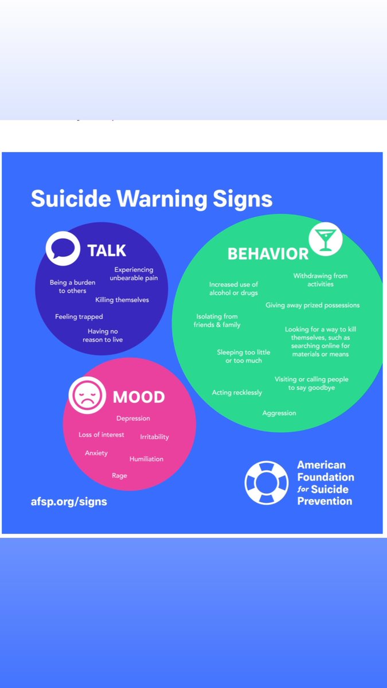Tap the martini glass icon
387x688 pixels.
[326, 239]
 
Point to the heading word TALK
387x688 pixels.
[107, 251]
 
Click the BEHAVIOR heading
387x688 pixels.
[268, 253]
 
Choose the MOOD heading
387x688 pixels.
[139, 397]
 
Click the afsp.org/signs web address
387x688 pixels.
[69, 501]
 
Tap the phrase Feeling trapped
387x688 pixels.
[79, 316]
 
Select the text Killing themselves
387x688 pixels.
[122, 300]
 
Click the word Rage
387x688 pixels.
[119, 475]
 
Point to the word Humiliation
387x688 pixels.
[146, 459]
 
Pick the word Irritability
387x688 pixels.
[154, 437]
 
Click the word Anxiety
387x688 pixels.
[96, 453]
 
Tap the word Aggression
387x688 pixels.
[279, 413]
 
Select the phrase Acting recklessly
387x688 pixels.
[237, 393]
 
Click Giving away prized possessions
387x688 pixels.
[312, 305]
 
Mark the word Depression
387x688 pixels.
[133, 419]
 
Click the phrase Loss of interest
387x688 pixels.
[101, 435]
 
